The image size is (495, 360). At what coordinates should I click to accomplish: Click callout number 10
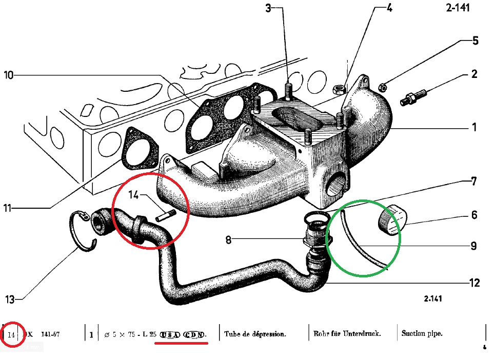(x=9, y=75)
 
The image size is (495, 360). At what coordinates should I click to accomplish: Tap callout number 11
(x=8, y=208)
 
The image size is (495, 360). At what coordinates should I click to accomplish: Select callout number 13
(x=10, y=299)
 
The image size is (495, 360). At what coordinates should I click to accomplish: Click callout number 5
(x=475, y=41)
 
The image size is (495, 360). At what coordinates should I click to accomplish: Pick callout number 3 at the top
(x=268, y=8)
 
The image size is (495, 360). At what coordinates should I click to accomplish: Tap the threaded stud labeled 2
(x=413, y=98)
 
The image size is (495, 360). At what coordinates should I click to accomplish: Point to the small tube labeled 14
(x=164, y=216)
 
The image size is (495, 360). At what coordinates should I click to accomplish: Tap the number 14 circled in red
(x=12, y=335)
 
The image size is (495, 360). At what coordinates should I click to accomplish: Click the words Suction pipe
(x=422, y=334)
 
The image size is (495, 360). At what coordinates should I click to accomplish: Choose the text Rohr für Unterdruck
(x=347, y=334)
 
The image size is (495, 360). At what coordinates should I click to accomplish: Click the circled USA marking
(x=170, y=334)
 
